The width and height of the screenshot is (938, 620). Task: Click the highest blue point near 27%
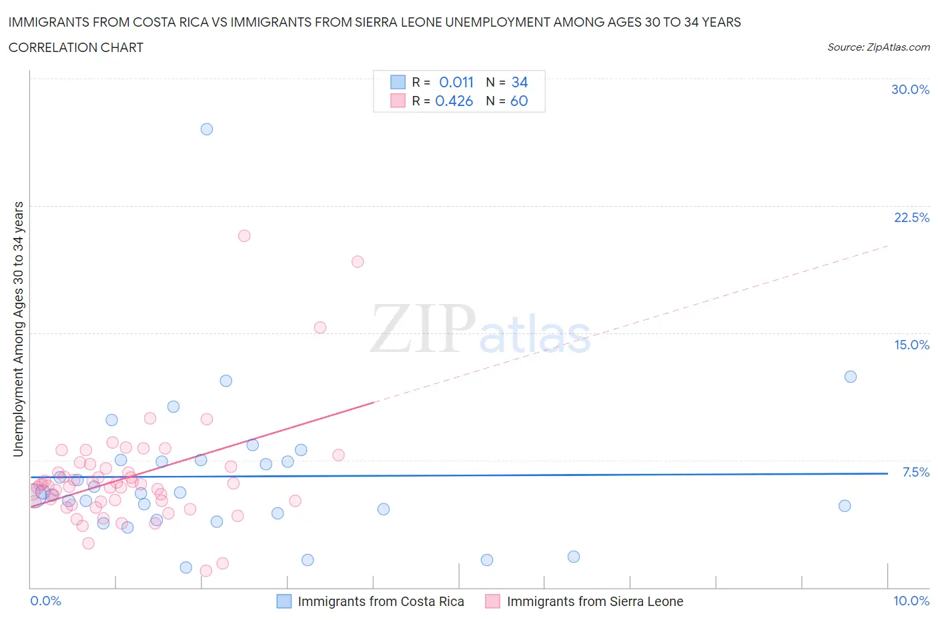pos(207,129)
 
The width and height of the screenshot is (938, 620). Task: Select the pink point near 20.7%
pos(244,236)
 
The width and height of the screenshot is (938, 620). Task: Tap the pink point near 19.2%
pos(358,262)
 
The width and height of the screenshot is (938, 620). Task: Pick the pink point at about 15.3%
pos(320,327)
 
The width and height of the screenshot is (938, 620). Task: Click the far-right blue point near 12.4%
pos(851,377)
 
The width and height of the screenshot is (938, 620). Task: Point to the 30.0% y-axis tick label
pos(910,89)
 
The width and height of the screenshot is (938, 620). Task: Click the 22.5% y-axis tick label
pos(911,217)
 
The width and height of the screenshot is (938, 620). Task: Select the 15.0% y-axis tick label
pos(911,345)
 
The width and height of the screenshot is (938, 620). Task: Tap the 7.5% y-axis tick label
pos(915,472)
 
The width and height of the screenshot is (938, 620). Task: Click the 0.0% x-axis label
pos(45,601)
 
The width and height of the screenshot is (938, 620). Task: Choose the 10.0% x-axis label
pos(911,601)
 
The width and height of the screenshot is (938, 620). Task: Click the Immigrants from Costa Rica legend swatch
pos(284,601)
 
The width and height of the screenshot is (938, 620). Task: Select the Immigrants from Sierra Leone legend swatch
pos(493,601)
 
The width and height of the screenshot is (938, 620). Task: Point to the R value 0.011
pos(456,82)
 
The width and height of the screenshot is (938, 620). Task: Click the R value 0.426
pos(454,101)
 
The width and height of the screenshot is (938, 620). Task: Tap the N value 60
pos(519,101)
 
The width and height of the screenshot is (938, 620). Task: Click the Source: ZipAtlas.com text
pos(878,47)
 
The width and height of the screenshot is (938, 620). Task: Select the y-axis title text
pos(18,329)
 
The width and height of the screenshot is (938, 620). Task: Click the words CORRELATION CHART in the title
pos(76,47)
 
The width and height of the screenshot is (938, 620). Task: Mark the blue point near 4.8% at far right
pos(845,506)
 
